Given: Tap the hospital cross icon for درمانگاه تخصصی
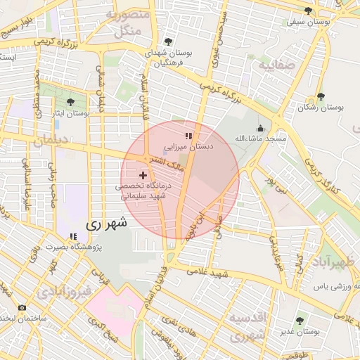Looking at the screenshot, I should (x=143, y=174).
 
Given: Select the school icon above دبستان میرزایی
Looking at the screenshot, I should (x=188, y=136).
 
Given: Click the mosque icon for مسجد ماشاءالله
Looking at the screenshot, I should (x=261, y=128).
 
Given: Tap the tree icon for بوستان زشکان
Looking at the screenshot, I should (x=321, y=97).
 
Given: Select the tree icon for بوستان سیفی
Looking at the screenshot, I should (x=308, y=11).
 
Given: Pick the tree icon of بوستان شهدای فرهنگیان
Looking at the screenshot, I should (x=167, y=41).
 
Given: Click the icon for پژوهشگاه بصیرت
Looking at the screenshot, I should (x=72, y=236).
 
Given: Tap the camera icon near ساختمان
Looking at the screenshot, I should (x=22, y=308).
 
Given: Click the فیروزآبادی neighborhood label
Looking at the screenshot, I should (x=63, y=290).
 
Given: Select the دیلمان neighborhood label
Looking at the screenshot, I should (x=53, y=140).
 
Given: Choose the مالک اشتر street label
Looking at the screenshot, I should (x=167, y=162).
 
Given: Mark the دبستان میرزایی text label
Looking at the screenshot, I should (x=188, y=148).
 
